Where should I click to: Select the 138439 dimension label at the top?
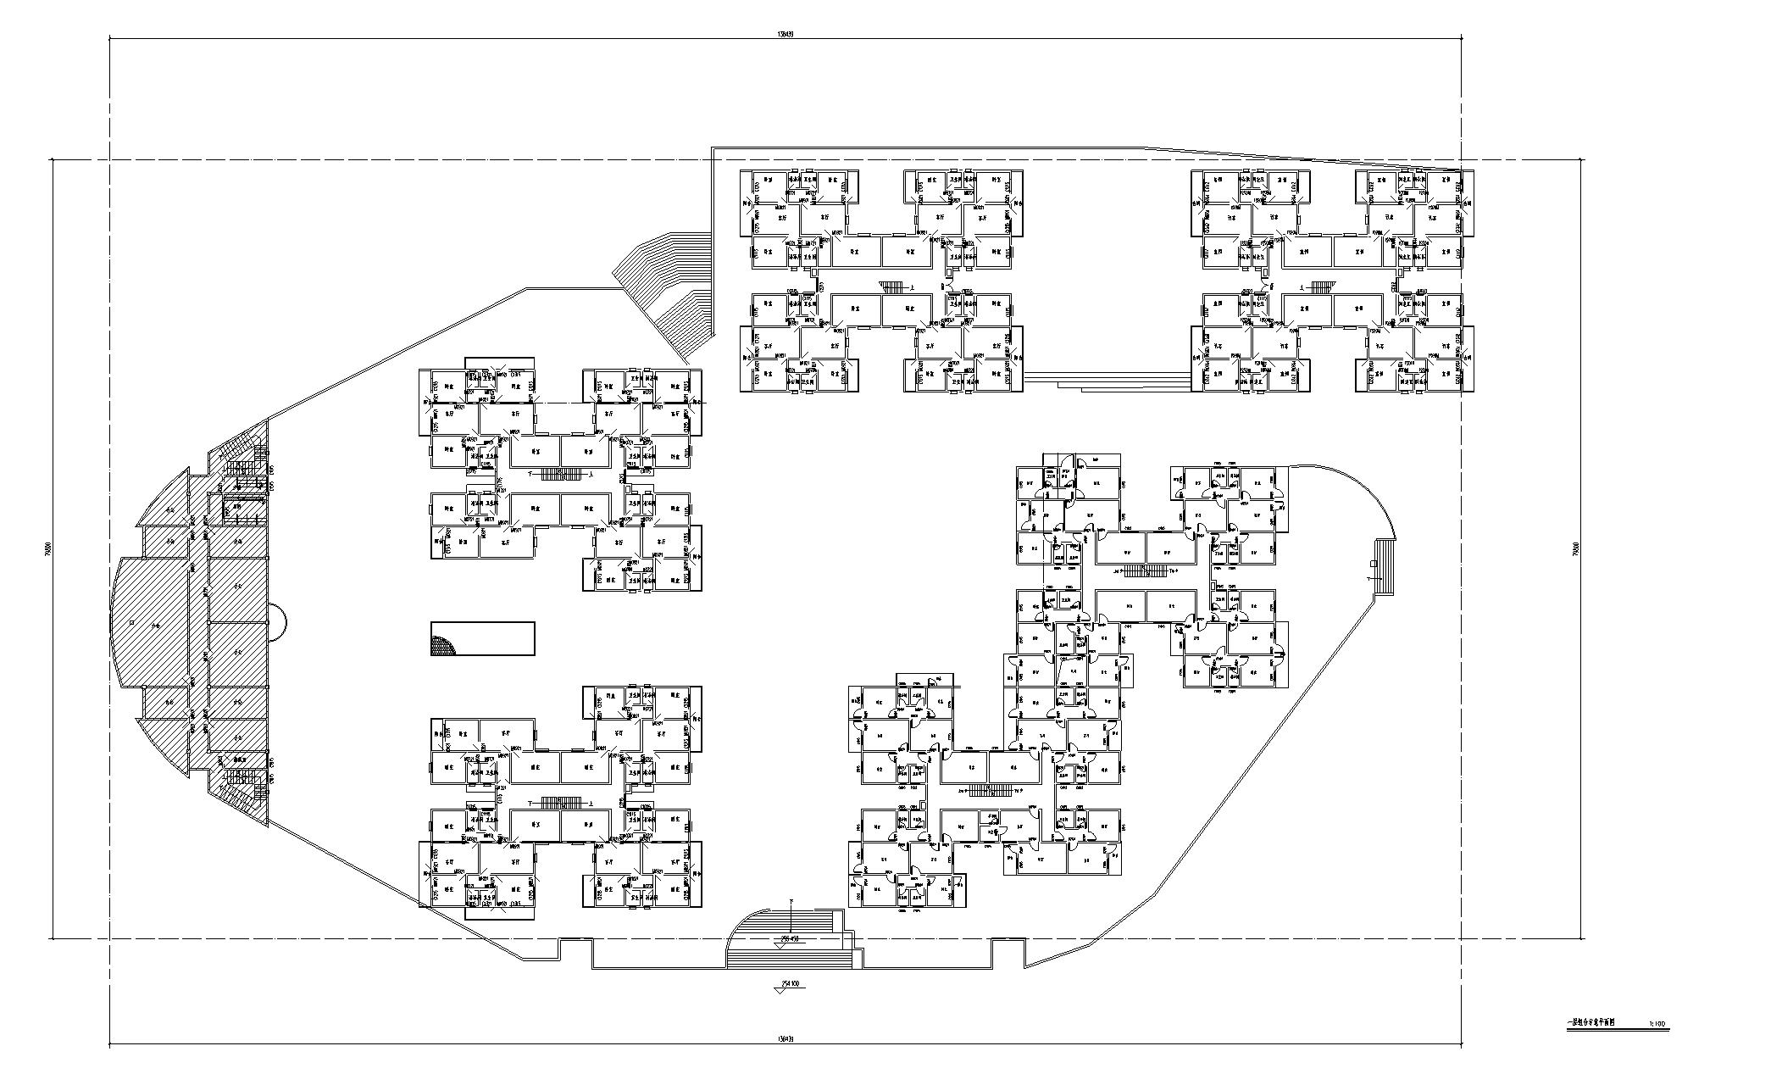coord(785,35)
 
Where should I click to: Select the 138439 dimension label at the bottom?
coord(785,1039)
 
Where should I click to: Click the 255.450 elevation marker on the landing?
coord(791,938)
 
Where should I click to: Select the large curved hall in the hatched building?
coord(153,623)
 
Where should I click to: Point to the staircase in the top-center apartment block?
coord(892,287)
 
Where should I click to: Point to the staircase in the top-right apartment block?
coord(1322,287)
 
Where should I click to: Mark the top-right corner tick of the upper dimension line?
coord(1461,39)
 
